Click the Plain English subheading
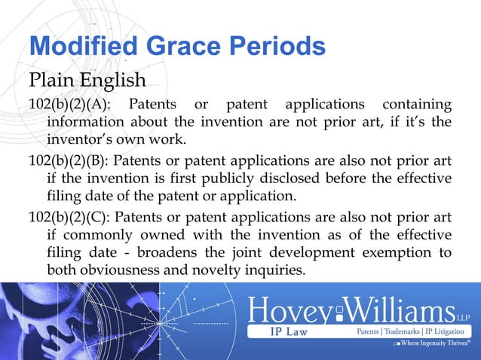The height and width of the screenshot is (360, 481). click(x=87, y=80)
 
